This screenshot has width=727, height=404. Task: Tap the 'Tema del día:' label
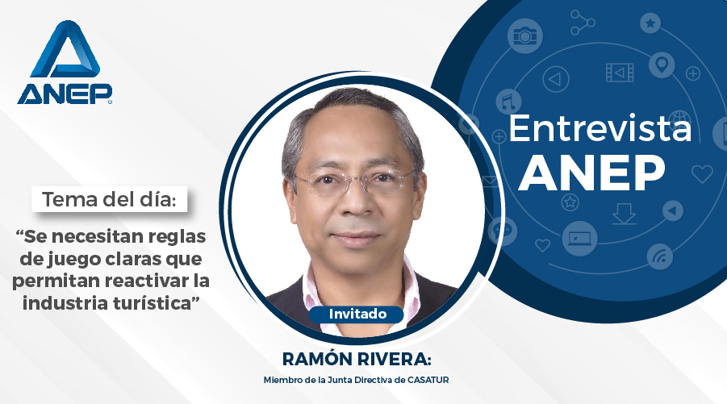point(110,200)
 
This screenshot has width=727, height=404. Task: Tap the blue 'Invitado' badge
point(357,314)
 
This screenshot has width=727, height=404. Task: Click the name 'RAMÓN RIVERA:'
point(357,359)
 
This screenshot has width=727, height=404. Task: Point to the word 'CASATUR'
point(428,380)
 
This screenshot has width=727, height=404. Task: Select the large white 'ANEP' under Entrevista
point(591,173)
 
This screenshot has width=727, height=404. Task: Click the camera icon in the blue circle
point(524,35)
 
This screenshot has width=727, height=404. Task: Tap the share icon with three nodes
point(583,23)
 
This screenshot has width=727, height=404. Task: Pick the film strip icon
point(620,73)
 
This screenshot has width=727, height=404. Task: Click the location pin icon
point(662,65)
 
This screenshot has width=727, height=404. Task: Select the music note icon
point(508,101)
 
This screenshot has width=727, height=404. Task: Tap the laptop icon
point(579,239)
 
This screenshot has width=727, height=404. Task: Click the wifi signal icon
point(660,256)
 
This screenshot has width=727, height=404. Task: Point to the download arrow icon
point(624,214)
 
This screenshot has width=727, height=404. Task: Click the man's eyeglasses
point(354,181)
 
